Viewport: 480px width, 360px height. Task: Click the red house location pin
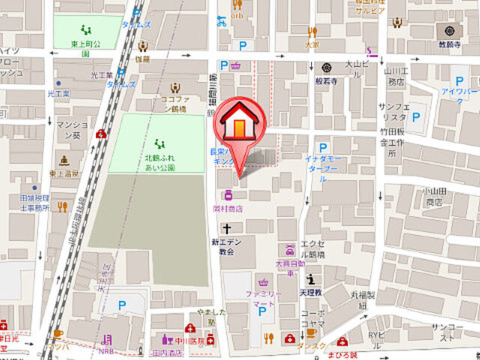click(x=238, y=124)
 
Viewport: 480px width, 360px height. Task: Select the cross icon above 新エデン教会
click(x=223, y=228)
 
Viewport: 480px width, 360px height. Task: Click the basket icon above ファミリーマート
click(x=263, y=283)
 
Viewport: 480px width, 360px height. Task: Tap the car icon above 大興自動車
click(x=289, y=248)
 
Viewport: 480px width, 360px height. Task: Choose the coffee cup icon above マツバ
click(x=58, y=334)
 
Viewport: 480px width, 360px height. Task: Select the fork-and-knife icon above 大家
click(x=312, y=32)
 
